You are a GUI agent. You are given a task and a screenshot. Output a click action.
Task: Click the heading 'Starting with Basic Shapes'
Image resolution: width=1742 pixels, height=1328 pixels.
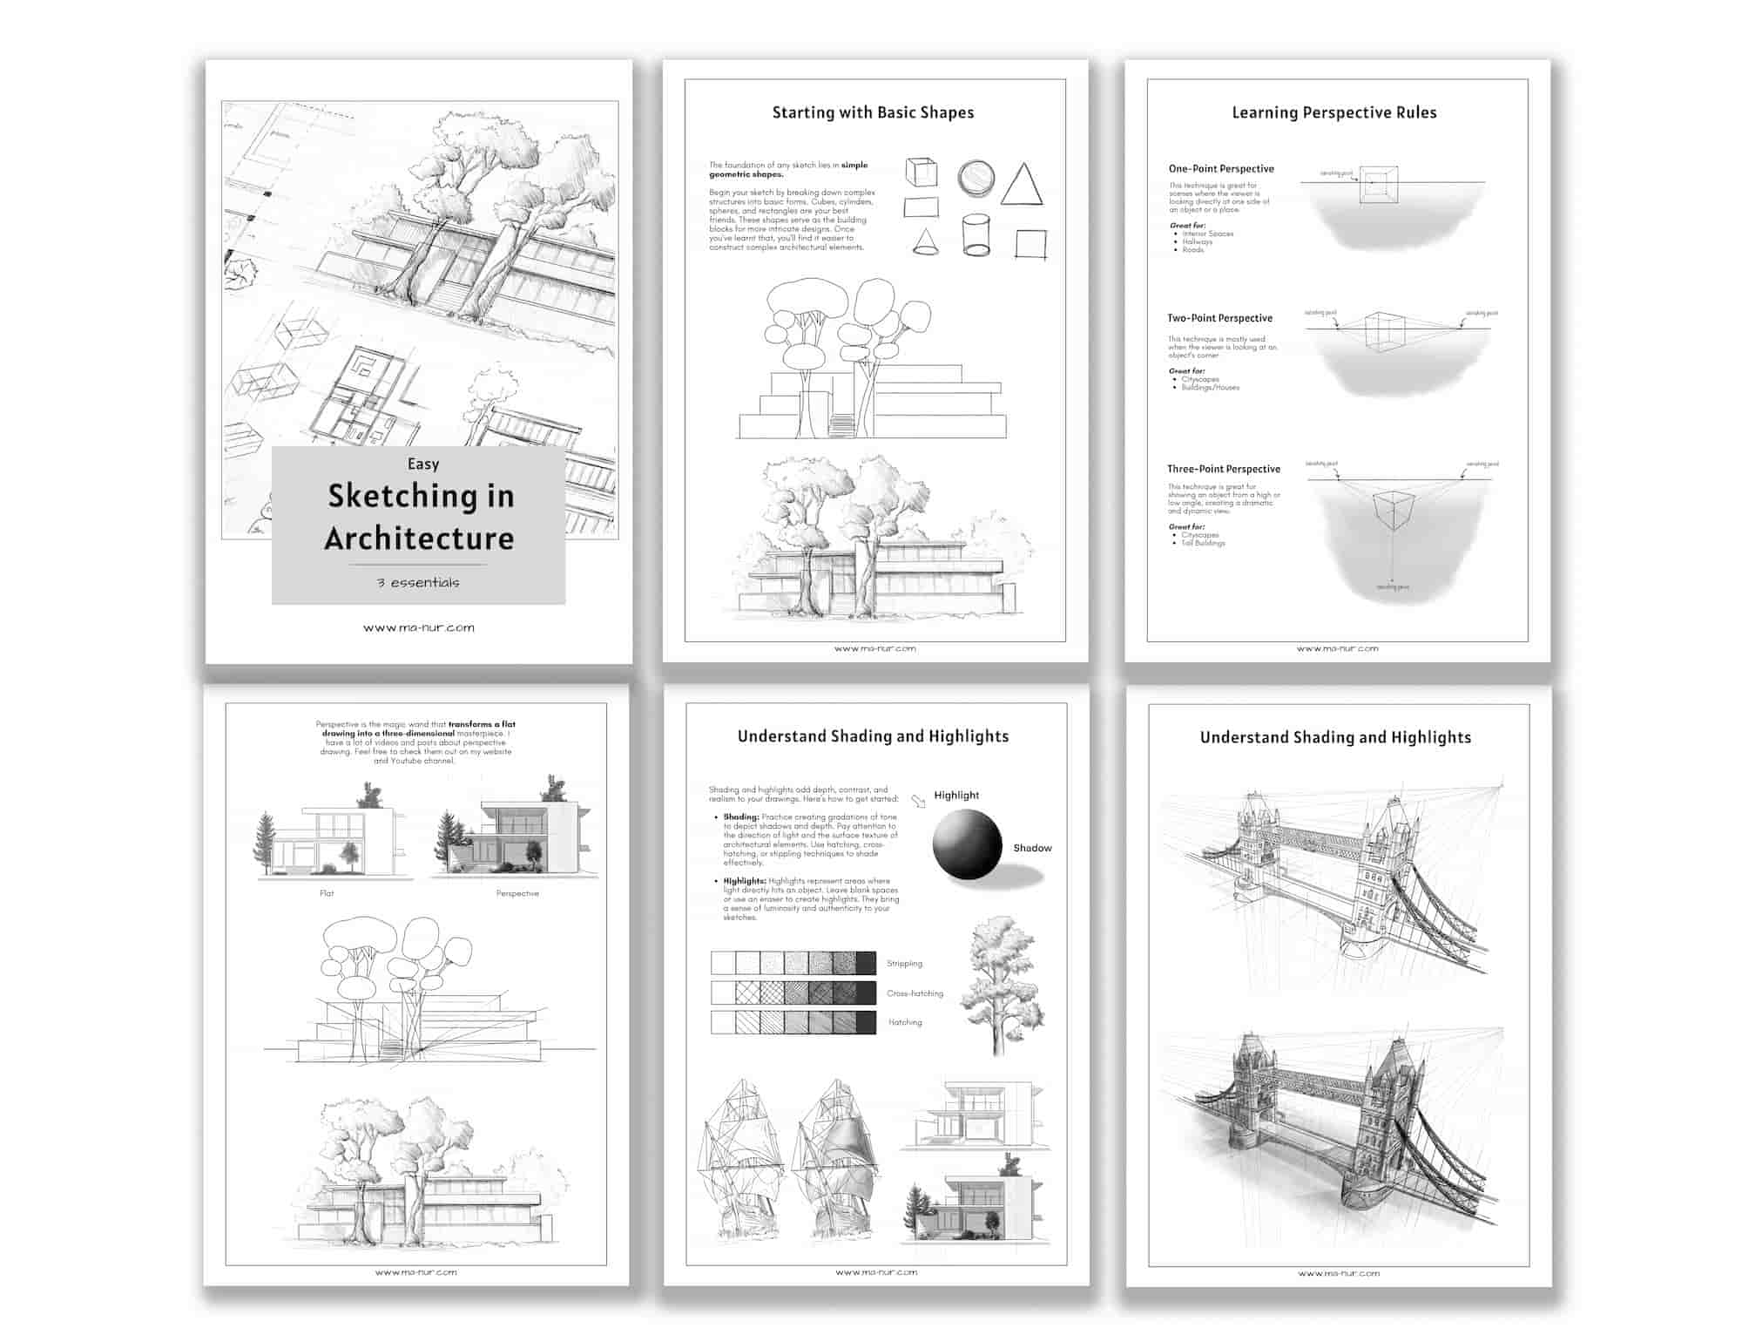(x=873, y=112)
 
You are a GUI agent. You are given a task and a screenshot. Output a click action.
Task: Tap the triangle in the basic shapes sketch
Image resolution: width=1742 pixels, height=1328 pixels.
(x=1022, y=186)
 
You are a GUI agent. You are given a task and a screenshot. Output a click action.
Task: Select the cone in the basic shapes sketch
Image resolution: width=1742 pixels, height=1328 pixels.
(x=925, y=241)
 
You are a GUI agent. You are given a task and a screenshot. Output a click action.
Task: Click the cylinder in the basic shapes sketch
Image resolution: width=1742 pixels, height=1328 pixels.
(x=976, y=235)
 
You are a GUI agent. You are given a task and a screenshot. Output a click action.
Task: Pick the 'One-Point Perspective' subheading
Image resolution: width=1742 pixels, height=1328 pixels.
(x=1221, y=169)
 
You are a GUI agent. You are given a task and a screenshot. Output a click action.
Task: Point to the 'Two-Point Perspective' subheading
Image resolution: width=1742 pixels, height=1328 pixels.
(x=1219, y=318)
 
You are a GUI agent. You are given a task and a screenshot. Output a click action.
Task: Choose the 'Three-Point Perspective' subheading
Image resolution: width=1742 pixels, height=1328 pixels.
(x=1224, y=469)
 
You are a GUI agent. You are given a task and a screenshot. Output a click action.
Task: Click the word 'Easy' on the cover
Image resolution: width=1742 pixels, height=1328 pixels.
(x=423, y=464)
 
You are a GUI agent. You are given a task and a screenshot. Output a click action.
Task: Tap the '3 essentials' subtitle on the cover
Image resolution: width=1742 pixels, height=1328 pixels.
(x=418, y=582)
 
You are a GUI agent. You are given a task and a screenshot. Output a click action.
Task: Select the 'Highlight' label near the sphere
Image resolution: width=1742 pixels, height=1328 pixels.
(x=956, y=795)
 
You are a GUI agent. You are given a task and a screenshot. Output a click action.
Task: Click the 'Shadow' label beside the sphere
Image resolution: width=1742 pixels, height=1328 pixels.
(x=1032, y=848)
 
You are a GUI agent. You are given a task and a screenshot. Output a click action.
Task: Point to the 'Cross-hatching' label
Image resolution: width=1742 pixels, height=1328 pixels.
(x=915, y=993)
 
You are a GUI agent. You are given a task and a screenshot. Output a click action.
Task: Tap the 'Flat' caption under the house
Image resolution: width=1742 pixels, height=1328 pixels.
(x=327, y=893)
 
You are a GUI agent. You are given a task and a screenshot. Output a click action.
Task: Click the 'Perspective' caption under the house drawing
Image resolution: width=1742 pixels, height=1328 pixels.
(x=517, y=893)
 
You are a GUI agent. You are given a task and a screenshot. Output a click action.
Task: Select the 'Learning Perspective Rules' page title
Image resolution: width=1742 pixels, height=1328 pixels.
(x=1334, y=112)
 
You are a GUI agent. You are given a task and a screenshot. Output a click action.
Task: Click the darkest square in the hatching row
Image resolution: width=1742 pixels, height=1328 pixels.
(x=866, y=1022)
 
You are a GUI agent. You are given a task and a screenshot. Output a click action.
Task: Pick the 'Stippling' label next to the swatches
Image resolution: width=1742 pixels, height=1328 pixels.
(x=904, y=964)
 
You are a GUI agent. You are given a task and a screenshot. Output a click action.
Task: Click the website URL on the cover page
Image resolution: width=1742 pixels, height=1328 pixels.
(x=419, y=627)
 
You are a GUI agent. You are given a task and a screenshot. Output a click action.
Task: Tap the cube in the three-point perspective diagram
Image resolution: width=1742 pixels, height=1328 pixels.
(x=1392, y=510)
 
